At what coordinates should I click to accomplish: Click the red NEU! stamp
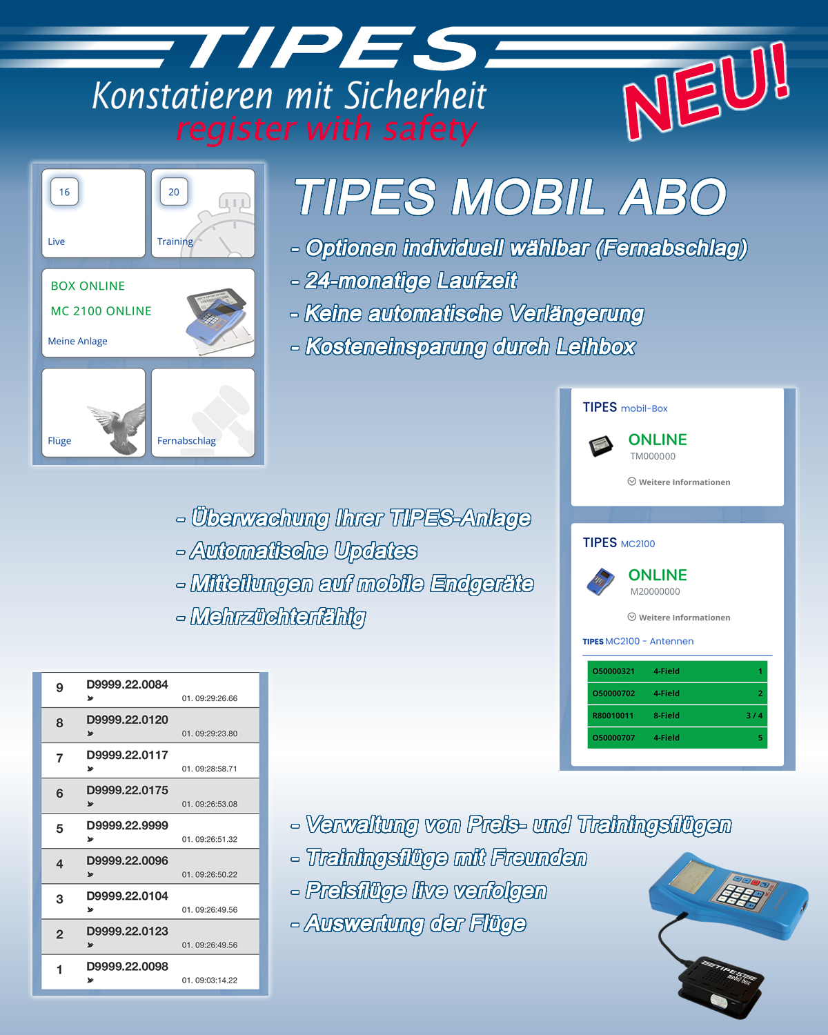[x=707, y=91]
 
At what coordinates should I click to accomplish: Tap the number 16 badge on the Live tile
[x=64, y=192]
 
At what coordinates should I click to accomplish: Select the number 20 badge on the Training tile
[x=174, y=192]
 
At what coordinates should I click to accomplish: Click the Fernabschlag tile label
[x=186, y=440]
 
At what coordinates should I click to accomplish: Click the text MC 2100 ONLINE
[x=101, y=311]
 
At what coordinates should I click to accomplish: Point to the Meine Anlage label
[x=77, y=341]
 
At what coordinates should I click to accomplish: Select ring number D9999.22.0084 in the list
[x=127, y=684]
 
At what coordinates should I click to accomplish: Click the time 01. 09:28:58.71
[x=209, y=769]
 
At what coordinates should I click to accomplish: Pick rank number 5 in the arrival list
[x=59, y=829]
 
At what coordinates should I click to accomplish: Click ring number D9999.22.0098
[x=127, y=966]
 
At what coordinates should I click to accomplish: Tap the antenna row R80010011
[x=677, y=715]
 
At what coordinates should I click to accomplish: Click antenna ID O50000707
[x=613, y=738]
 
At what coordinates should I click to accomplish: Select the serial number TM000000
[x=652, y=456]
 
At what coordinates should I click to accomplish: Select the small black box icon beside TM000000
[x=600, y=446]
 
